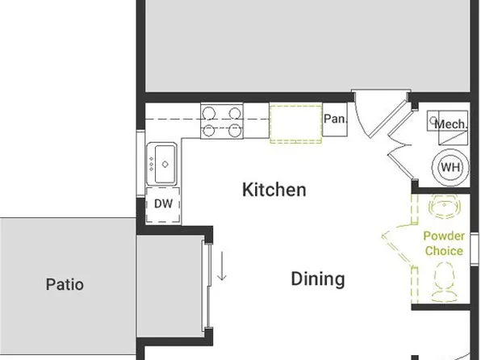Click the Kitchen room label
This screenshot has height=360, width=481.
[274, 190]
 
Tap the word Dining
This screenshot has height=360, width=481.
[317, 279]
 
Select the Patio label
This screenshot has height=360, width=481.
[65, 284]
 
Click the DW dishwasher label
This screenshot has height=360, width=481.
[164, 203]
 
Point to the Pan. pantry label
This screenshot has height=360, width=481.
[335, 119]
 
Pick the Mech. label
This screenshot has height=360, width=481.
[450, 124]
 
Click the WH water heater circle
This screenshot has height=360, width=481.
[450, 167]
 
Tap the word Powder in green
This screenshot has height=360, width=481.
[444, 237]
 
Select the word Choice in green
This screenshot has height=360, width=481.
[444, 250]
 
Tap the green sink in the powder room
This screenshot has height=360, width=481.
[444, 209]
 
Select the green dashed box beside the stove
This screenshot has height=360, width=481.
[295, 123]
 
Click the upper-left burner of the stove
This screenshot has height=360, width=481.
[211, 114]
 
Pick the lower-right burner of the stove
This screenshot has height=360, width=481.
[234, 129]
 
